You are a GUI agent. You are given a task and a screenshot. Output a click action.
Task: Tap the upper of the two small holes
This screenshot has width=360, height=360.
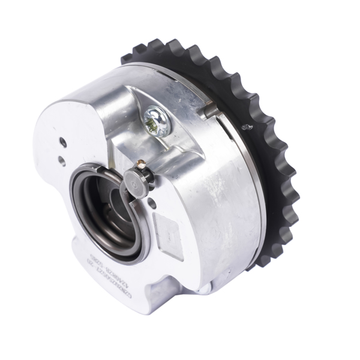pyautogui.click(x=63, y=143)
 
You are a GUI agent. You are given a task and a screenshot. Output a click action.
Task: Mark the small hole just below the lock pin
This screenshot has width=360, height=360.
pyautogui.click(x=152, y=204)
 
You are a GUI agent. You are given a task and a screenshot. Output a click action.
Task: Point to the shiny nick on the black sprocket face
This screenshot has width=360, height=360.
pyautogui.click(x=244, y=127)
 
